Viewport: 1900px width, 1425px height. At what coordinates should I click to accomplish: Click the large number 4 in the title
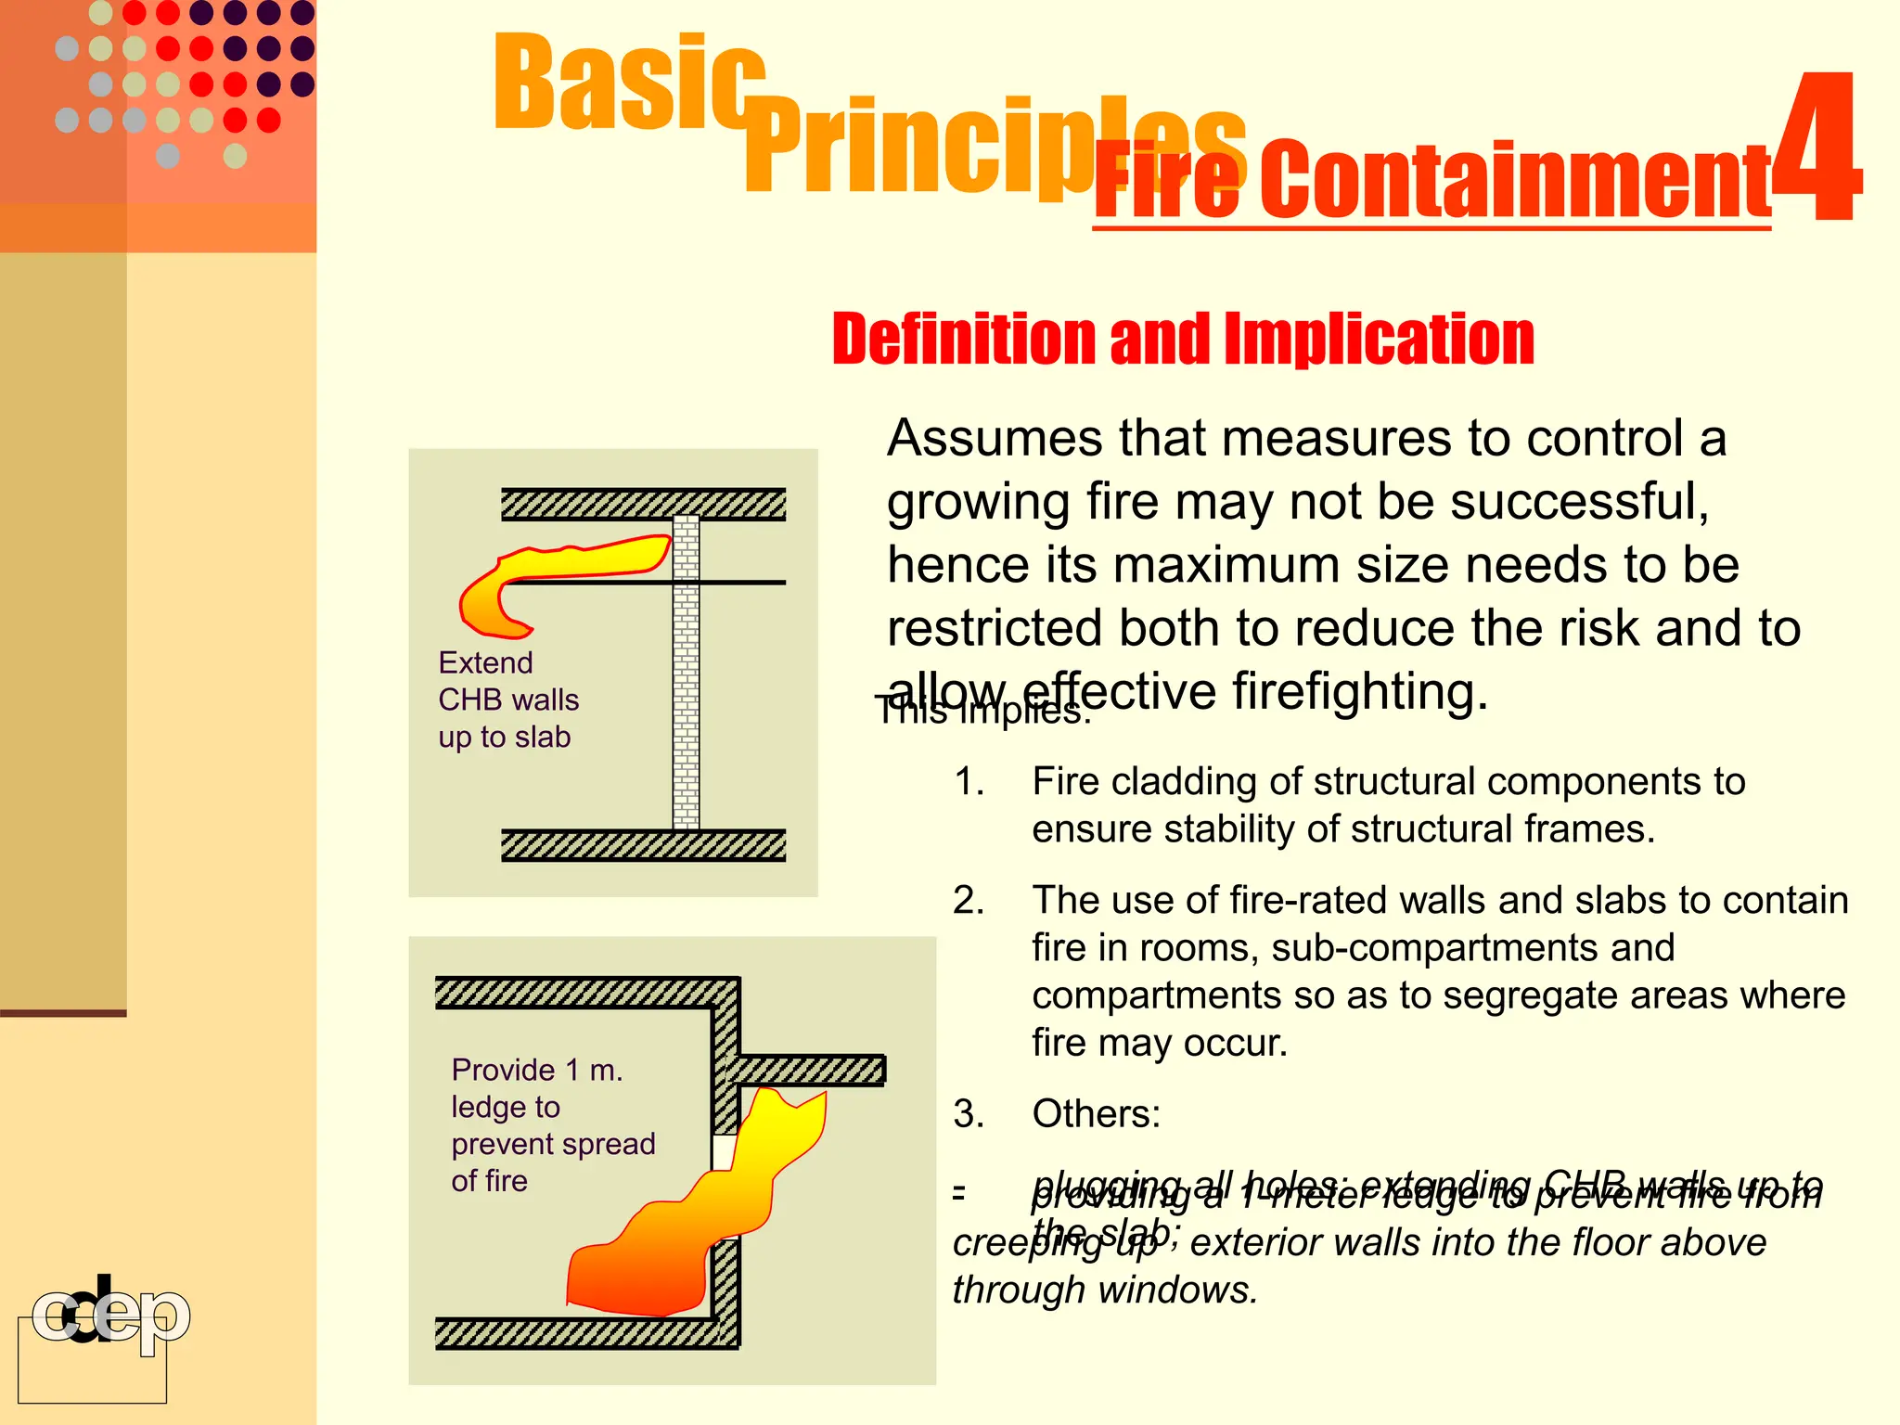(1816, 148)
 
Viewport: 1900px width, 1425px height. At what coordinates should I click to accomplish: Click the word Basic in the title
(629, 83)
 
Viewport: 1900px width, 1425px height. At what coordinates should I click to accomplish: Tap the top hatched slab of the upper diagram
(643, 504)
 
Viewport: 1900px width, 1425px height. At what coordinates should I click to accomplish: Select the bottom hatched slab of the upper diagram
(643, 845)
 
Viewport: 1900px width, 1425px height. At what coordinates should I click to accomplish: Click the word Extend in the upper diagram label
(485, 662)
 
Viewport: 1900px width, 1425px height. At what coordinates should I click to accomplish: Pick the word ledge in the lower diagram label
(506, 1107)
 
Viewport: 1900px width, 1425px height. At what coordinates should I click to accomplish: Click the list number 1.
(969, 782)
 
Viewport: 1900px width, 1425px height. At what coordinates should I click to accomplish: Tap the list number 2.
(969, 901)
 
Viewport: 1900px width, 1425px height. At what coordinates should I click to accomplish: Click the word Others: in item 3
(1096, 1113)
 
